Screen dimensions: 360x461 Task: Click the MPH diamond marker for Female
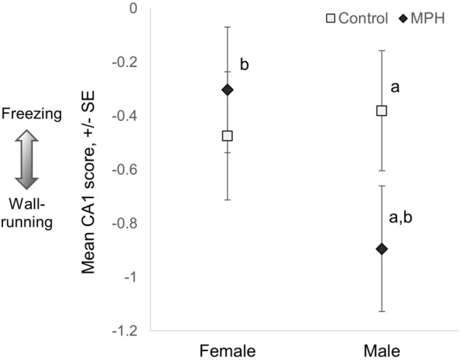[227, 90]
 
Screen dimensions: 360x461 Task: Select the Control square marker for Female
[227, 136]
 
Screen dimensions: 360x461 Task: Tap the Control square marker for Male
[381, 111]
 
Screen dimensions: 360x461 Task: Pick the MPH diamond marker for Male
[381, 249]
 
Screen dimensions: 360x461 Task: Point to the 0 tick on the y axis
[133, 9]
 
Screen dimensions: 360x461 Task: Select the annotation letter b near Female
[245, 66]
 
